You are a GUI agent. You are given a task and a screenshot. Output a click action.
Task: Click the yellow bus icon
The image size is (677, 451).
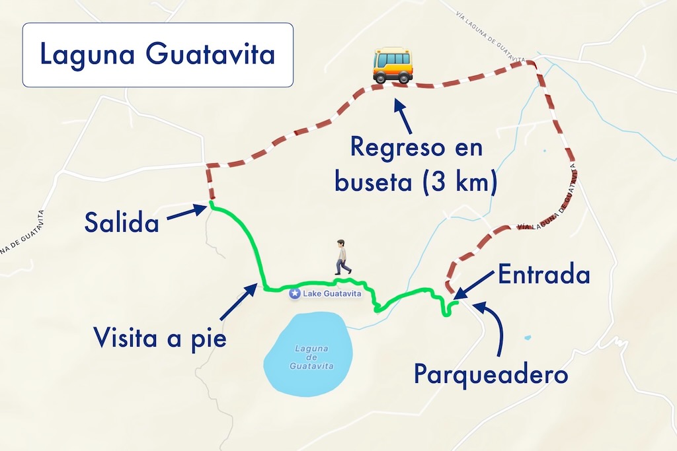click(x=393, y=65)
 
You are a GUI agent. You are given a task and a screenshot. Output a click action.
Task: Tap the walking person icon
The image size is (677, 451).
click(x=342, y=257)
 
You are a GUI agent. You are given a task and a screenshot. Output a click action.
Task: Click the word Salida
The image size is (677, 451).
click(x=122, y=223)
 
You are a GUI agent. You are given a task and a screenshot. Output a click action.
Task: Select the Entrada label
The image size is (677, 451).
click(x=543, y=275)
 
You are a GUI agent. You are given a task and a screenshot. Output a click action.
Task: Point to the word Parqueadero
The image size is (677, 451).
click(x=491, y=374)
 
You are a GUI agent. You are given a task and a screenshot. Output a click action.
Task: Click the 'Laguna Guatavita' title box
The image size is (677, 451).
click(x=157, y=55)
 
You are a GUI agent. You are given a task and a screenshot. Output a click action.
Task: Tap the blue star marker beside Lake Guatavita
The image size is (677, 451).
click(x=295, y=294)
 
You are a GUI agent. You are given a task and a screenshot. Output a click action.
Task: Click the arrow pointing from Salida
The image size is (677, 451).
click(x=186, y=213)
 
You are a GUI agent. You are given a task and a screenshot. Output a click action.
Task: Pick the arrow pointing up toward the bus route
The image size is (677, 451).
click(x=404, y=116)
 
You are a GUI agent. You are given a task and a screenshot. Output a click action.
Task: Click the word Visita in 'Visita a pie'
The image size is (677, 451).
click(x=126, y=338)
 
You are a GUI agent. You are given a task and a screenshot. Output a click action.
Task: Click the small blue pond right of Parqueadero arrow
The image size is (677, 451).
click(x=527, y=338)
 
